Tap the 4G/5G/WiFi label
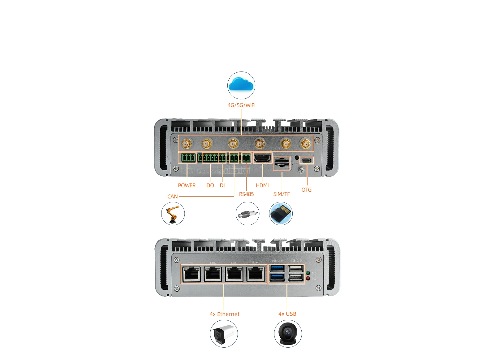pos(241,105)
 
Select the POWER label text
pos(187,185)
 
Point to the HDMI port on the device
pos(262,158)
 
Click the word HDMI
pos(262,185)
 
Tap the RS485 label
pos(246,194)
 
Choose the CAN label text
pos(172,197)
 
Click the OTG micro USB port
pos(307,160)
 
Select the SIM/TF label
pos(281,194)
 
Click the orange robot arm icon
pos(173,214)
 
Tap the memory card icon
pos(281,214)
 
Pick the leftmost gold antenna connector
pos(187,144)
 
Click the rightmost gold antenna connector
pos(306,144)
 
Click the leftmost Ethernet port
pos(192,274)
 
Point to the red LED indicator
pos(308,278)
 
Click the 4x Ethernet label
pos(224,314)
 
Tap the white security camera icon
pos(224,334)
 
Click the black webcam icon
pos(288,334)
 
